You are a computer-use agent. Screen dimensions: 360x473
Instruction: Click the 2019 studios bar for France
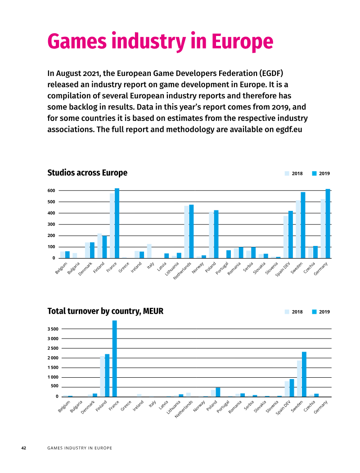(x=117, y=223)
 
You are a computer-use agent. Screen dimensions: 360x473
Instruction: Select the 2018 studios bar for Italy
(x=149, y=251)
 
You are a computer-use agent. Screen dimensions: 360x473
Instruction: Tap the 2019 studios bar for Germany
(x=328, y=223)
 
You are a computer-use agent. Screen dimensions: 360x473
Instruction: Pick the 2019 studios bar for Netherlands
(x=192, y=232)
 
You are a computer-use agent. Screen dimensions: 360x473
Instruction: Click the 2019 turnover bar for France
(x=114, y=359)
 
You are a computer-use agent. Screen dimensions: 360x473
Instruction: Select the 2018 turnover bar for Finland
(x=102, y=376)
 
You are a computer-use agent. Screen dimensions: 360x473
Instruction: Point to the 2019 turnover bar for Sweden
(x=304, y=375)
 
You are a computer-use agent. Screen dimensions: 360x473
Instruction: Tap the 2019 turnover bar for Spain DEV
(x=292, y=388)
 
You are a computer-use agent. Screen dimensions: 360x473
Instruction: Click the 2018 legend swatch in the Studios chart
(x=287, y=174)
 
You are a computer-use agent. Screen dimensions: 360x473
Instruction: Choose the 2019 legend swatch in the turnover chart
(x=314, y=312)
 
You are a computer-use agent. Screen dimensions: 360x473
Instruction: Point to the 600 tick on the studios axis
(x=51, y=191)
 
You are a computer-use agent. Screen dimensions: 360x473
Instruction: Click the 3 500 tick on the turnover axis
(x=53, y=329)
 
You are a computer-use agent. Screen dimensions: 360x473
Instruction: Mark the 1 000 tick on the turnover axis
(x=53, y=377)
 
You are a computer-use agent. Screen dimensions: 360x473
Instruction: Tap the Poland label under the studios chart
(x=211, y=267)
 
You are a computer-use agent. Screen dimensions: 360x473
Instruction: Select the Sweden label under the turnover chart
(x=297, y=406)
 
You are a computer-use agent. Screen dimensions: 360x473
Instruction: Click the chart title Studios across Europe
(x=87, y=173)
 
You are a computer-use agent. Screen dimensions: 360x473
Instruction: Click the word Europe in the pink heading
(x=242, y=42)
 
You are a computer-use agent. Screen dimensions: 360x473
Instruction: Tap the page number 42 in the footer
(x=23, y=448)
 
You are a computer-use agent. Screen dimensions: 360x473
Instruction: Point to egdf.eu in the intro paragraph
(x=289, y=129)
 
